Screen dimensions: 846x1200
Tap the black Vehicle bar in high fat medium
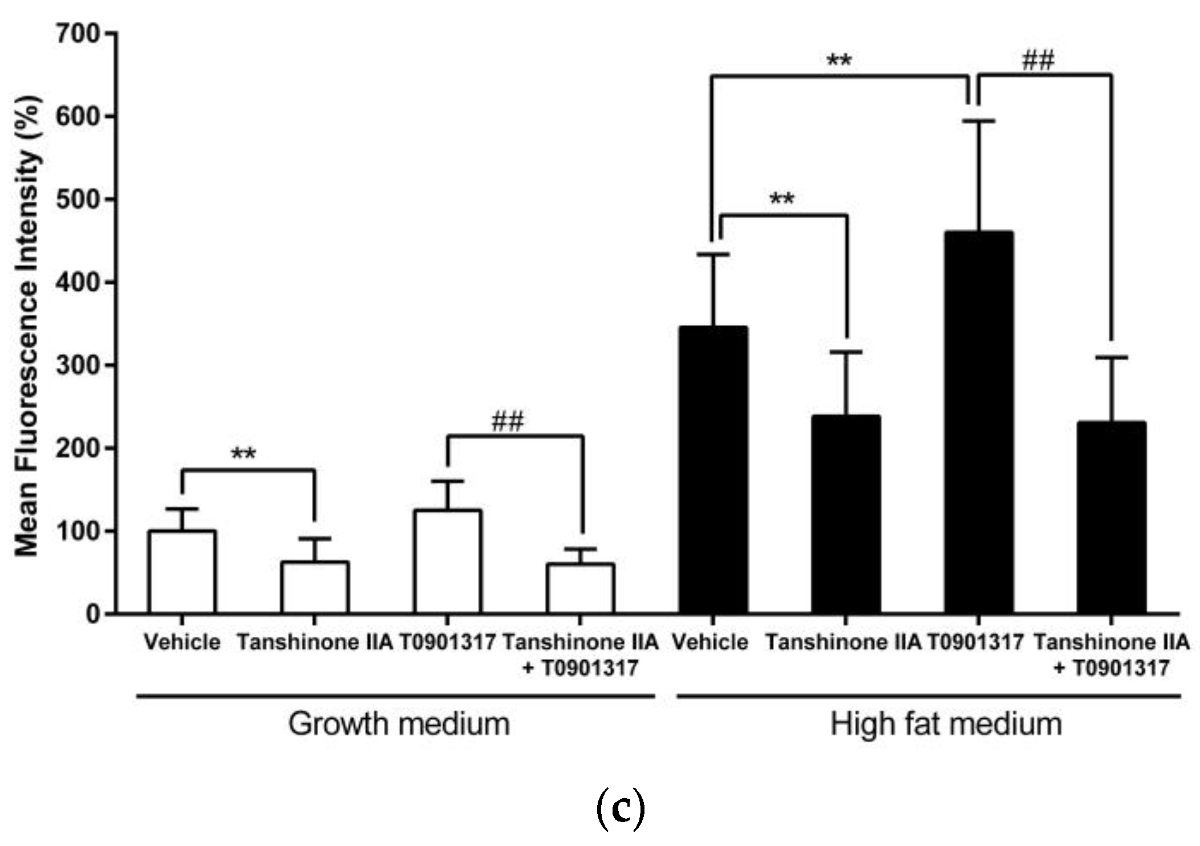pyautogui.click(x=713, y=470)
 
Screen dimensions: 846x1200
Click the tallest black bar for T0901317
pyautogui.click(x=979, y=422)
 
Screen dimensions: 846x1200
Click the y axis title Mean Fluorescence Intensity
pyautogui.click(x=27, y=326)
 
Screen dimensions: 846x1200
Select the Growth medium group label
pyautogui.click(x=399, y=725)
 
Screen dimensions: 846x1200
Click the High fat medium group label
pyautogui.click(x=946, y=725)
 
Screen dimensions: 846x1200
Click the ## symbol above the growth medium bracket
pyautogui.click(x=507, y=422)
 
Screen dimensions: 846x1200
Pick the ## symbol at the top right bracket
pyautogui.click(x=1038, y=60)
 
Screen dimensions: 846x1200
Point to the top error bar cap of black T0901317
pyautogui.click(x=979, y=121)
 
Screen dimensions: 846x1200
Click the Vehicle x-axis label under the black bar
pyautogui.click(x=710, y=642)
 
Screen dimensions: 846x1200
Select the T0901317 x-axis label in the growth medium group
pyautogui.click(x=448, y=642)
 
